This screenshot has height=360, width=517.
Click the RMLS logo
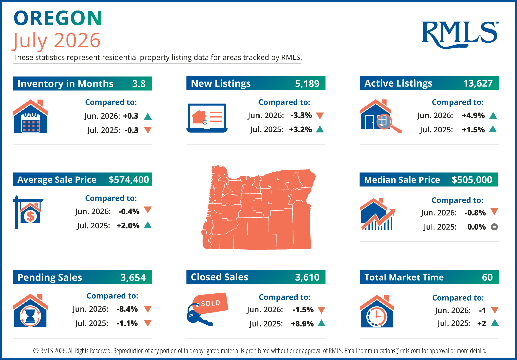tap(460, 35)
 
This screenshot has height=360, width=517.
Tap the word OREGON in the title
tap(58, 18)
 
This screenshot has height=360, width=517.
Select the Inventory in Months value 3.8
tap(139, 83)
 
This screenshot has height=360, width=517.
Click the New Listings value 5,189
tap(307, 83)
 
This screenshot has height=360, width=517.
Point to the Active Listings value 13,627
tap(478, 83)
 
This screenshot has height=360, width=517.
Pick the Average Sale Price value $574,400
tap(129, 180)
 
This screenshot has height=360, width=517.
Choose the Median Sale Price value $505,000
tap(472, 180)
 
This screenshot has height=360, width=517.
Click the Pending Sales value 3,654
tap(133, 277)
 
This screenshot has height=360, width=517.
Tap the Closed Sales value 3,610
tap(307, 277)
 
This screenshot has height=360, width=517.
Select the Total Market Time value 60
tap(487, 277)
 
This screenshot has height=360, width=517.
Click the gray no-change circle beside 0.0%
tap(494, 227)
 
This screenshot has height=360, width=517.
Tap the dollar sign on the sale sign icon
tap(30, 216)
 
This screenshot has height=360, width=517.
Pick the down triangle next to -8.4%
tap(148, 309)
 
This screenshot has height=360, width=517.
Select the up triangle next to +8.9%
tap(321, 323)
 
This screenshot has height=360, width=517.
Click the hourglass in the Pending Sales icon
tap(30, 316)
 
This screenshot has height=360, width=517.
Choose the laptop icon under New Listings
tap(207, 118)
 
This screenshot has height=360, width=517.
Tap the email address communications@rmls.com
tap(389, 351)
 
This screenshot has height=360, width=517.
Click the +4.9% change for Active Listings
tap(473, 116)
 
